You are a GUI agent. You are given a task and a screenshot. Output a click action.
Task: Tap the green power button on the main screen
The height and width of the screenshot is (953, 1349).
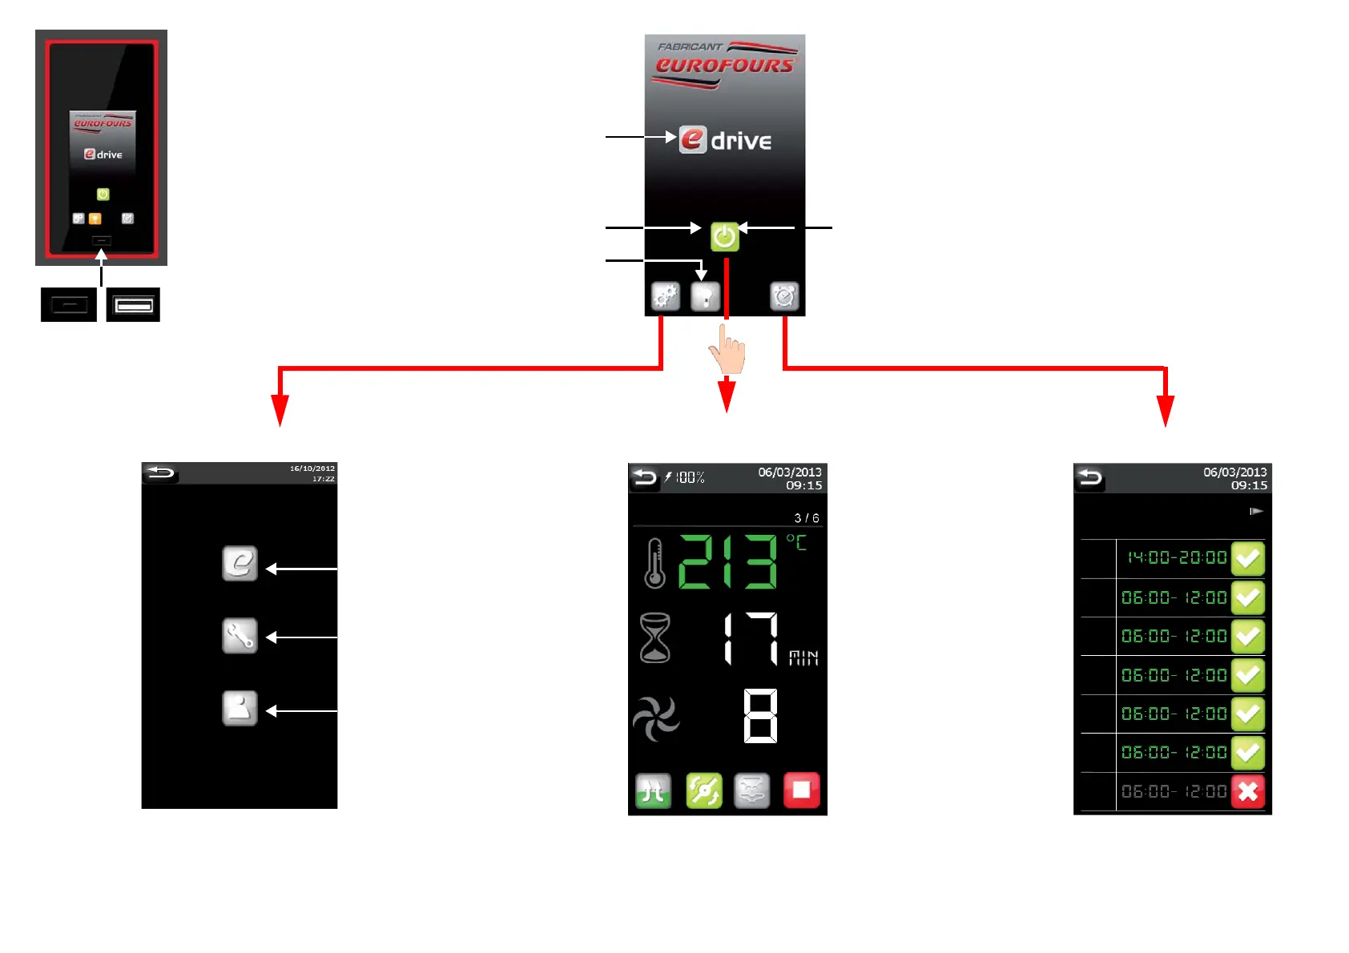click(724, 237)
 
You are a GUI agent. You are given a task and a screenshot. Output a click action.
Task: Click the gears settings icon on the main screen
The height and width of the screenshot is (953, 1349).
click(666, 296)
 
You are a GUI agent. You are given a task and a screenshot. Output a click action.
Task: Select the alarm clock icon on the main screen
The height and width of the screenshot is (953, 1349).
click(784, 296)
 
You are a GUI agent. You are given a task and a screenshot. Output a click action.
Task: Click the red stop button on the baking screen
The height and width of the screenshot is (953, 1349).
click(801, 790)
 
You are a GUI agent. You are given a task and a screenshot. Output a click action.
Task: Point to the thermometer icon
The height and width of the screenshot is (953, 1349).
click(654, 563)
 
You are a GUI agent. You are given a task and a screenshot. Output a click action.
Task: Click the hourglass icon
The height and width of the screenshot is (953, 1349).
click(654, 637)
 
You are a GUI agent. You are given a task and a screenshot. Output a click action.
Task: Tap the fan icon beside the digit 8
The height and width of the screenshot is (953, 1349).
click(656, 718)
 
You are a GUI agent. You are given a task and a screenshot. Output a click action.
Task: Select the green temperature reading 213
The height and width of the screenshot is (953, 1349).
click(727, 562)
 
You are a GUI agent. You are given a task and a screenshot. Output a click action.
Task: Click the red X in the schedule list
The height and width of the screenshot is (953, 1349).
click(1247, 791)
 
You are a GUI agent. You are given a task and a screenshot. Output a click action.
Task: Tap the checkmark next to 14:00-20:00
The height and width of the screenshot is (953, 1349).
click(1247, 558)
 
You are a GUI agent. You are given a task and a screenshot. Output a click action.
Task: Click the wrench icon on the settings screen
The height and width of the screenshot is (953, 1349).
click(240, 637)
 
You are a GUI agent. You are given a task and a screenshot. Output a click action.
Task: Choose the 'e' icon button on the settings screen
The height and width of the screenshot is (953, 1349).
click(240, 564)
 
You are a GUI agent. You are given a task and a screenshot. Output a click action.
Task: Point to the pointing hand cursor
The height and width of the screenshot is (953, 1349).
click(727, 350)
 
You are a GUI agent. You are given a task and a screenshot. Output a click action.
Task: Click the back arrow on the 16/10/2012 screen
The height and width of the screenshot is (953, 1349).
click(160, 472)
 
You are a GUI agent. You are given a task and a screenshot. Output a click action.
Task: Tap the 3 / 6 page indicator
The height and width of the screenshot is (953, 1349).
click(806, 518)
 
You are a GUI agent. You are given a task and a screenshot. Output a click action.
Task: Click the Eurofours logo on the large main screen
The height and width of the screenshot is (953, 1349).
click(725, 64)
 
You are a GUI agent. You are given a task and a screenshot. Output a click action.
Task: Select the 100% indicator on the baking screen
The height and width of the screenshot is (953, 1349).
click(689, 478)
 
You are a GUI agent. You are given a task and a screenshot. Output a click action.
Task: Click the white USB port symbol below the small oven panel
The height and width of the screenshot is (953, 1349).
click(133, 305)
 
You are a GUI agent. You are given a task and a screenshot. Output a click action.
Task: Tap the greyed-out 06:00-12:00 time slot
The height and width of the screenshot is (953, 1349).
click(1174, 792)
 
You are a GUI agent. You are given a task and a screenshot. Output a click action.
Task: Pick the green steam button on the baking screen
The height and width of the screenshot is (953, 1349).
click(653, 791)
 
